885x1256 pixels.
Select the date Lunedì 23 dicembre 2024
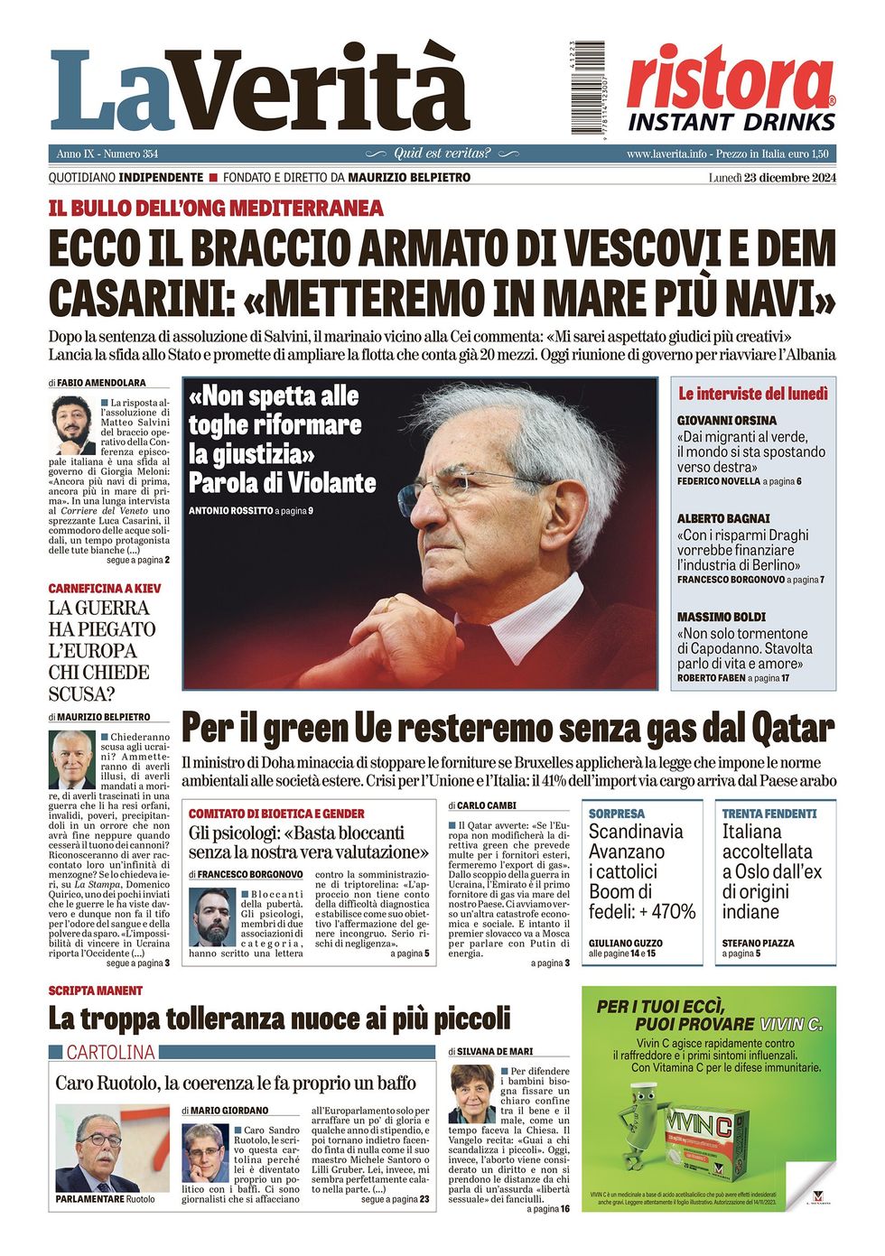tap(772, 177)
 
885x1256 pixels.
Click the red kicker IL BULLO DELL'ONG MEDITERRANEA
tap(216, 209)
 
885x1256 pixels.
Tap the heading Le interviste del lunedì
tap(753, 394)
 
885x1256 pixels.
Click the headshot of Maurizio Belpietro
tap(72, 759)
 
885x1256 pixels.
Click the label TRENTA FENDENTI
tap(769, 814)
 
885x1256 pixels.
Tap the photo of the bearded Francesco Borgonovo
tap(212, 917)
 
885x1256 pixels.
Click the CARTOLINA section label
tap(110, 1052)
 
